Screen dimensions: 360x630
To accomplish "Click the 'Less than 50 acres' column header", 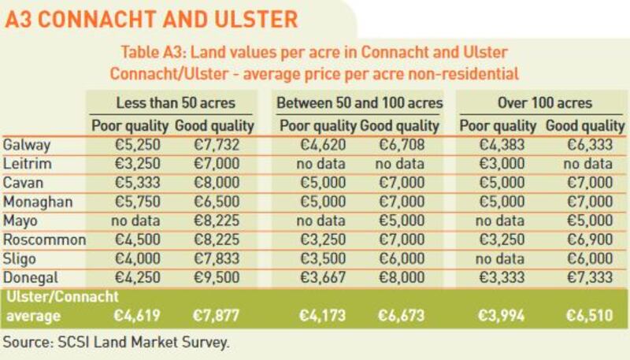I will pyautogui.click(x=174, y=103).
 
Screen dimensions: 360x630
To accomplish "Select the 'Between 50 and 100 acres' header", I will pyautogui.click(x=359, y=103).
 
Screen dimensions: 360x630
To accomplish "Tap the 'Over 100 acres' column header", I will pyautogui.click(x=544, y=103).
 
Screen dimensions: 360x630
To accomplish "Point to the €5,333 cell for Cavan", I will pyautogui.click(x=130, y=184).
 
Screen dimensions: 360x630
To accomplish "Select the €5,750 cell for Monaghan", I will pyautogui.click(x=130, y=202).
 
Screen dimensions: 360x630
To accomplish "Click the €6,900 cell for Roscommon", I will pyautogui.click(x=589, y=240).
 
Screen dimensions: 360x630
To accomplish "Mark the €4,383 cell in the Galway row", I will pyautogui.click(x=498, y=146).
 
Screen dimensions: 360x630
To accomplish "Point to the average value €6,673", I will pyautogui.click(x=403, y=316).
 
